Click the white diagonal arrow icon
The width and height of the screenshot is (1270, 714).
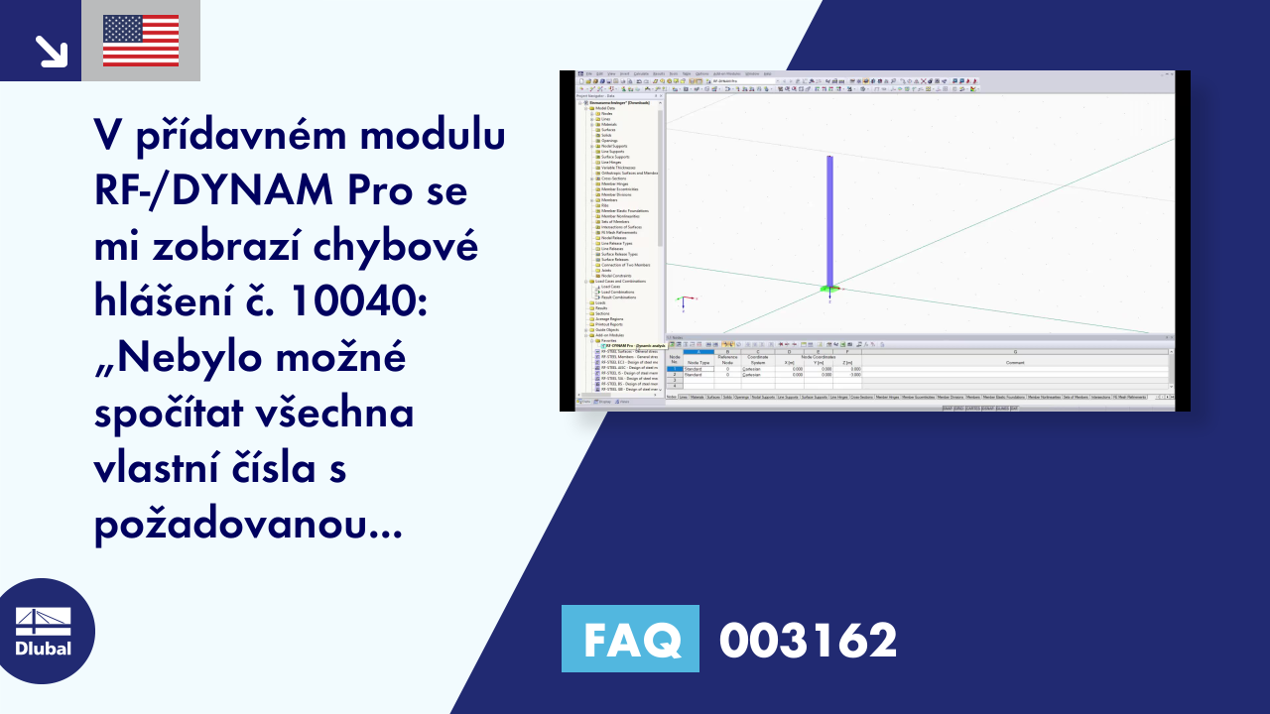point(50,51)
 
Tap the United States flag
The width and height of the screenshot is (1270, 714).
point(141,41)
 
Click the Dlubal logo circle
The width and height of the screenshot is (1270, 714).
point(43,631)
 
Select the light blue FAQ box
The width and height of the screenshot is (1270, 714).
point(630,640)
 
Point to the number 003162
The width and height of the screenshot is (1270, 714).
point(808,640)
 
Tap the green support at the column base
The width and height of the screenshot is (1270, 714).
point(829,289)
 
